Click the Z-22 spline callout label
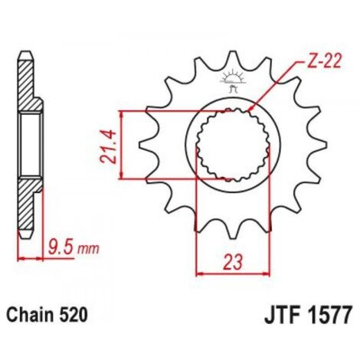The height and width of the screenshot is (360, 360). [x=324, y=61]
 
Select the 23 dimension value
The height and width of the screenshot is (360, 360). [x=232, y=263]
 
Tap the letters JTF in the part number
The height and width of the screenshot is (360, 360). [x=283, y=316]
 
